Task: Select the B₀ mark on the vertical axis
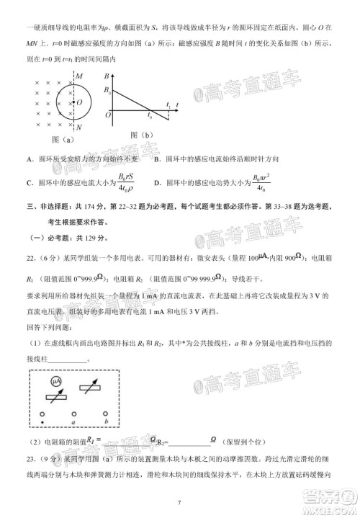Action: click(107, 89)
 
